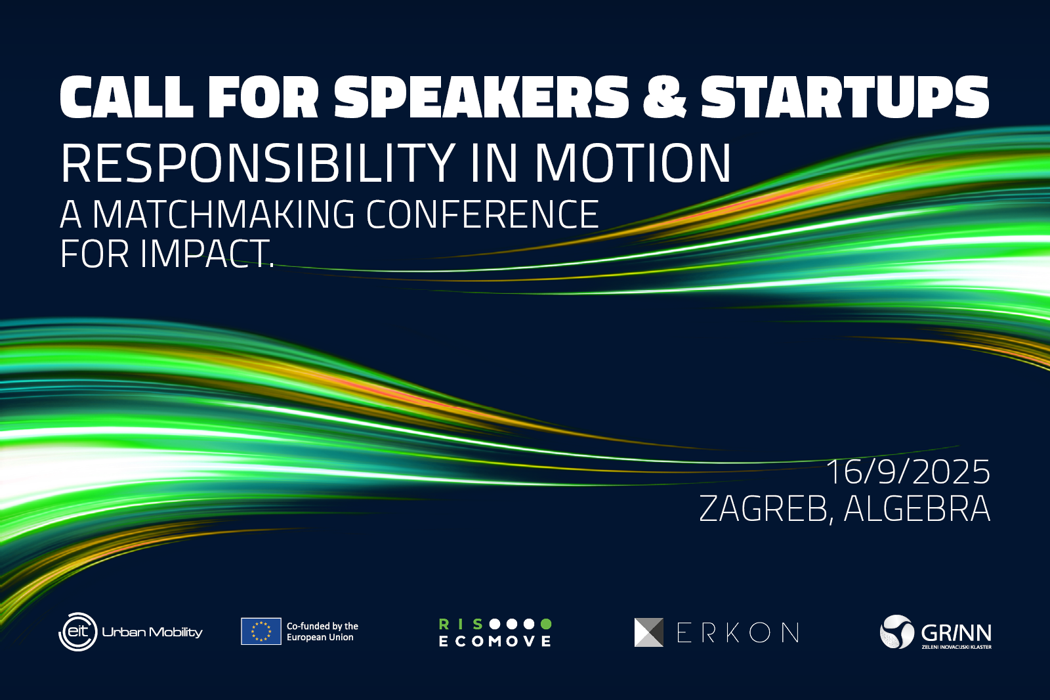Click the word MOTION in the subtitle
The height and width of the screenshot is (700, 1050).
633,163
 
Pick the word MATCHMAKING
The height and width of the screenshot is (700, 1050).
223,214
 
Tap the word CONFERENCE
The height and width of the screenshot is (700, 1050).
482,214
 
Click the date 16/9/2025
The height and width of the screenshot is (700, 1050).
908,472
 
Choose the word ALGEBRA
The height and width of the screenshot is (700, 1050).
917,508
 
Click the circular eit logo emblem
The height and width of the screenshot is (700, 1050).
78,632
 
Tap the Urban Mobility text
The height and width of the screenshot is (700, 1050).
152,632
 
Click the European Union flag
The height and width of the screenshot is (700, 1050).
261,631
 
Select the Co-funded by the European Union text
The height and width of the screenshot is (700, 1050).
322,631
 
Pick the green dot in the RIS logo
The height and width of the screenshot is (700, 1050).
546,624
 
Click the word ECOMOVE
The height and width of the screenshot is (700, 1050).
495,641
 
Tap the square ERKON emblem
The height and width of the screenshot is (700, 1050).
649,632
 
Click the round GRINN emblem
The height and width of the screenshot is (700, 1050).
897,632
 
